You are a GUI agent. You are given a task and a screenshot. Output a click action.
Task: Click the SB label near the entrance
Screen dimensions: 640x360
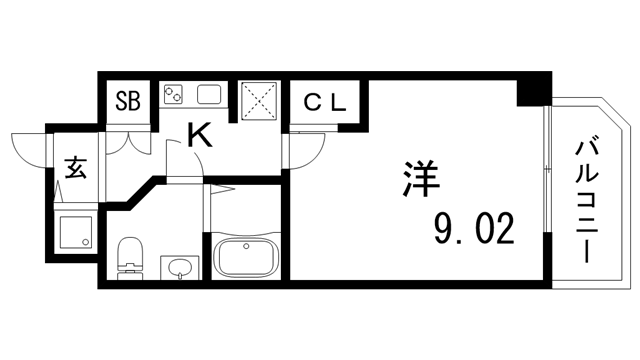(x=128, y=100)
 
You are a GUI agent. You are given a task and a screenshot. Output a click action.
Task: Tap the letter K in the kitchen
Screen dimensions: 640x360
(x=201, y=136)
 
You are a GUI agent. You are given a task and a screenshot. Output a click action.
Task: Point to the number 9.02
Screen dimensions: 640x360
(x=473, y=229)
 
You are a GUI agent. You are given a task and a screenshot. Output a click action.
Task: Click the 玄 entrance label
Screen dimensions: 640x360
(x=76, y=166)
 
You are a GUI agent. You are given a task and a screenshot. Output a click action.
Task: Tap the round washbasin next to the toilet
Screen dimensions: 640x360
(x=179, y=268)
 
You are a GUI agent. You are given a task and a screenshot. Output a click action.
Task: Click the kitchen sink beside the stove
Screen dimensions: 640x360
(x=210, y=96)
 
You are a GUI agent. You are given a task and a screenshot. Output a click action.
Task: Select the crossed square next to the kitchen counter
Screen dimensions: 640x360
(x=262, y=100)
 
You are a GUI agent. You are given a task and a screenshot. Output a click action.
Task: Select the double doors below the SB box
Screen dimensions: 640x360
(x=129, y=139)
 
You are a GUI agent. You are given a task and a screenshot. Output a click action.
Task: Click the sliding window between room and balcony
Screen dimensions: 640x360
(x=547, y=190)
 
